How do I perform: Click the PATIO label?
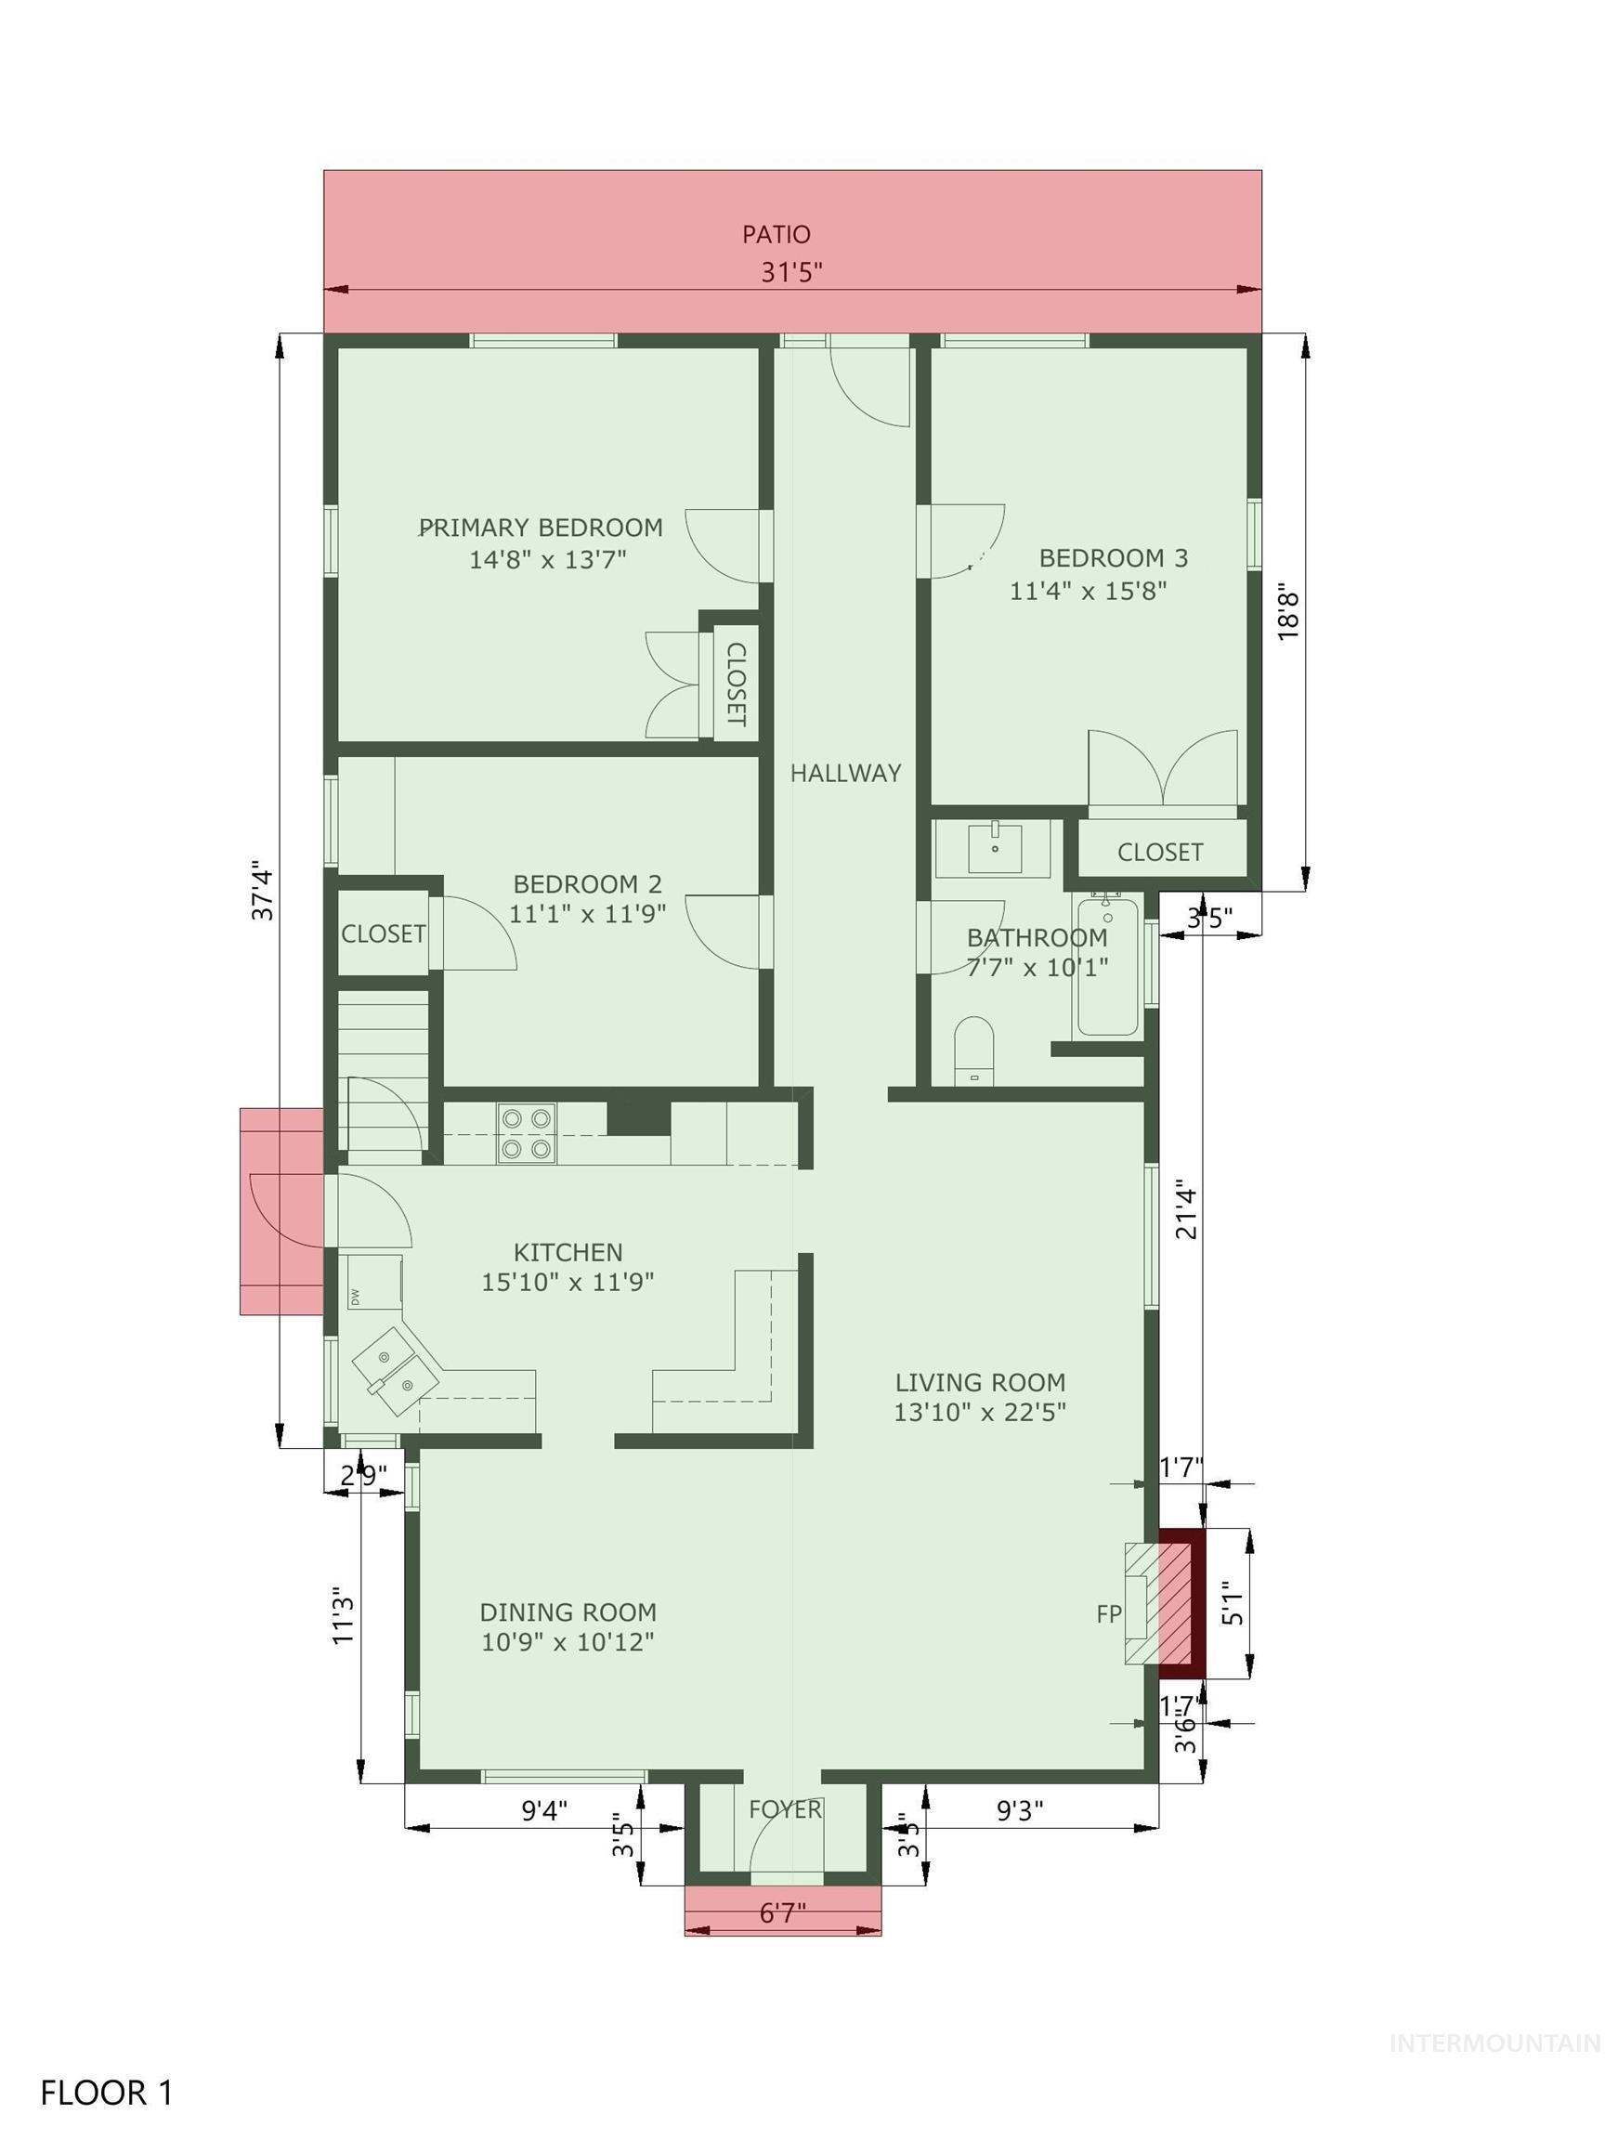click(776, 234)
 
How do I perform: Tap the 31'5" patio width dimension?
click(791, 273)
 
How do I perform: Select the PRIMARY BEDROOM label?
click(541, 528)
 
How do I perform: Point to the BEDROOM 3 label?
click(1113, 558)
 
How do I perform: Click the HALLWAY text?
click(845, 773)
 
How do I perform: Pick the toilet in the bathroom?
click(973, 1049)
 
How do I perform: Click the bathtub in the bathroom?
click(1108, 967)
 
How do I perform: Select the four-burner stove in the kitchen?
click(527, 1134)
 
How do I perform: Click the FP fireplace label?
click(1109, 1613)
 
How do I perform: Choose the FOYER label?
click(785, 1809)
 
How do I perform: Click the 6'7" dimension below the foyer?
click(782, 1913)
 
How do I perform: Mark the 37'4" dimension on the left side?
click(263, 890)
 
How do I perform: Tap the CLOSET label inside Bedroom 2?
click(383, 933)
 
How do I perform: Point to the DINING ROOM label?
click(568, 1612)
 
